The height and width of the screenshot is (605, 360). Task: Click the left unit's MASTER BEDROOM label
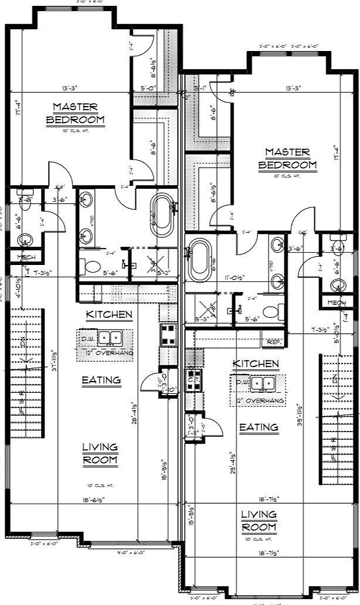coord(75,113)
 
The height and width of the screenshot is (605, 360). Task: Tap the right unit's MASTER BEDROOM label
coord(287,158)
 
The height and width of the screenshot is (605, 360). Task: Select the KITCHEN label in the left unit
coord(109,315)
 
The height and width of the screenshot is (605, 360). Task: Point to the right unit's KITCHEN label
coord(256,364)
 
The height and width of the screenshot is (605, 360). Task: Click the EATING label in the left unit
coord(101,380)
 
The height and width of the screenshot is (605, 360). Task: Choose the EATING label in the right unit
coord(259,427)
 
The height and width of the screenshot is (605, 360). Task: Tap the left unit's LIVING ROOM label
coord(100,453)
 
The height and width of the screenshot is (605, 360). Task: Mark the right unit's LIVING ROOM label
coord(259,521)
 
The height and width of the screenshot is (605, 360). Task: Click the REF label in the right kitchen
coord(274,341)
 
